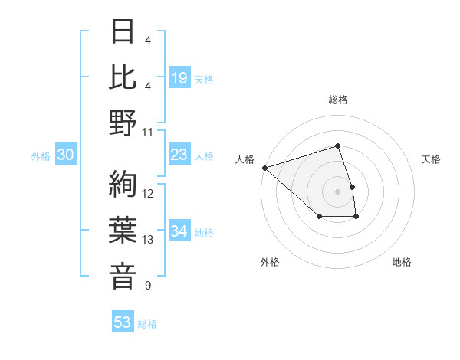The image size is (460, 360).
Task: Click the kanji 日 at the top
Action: pyautogui.click(x=123, y=32)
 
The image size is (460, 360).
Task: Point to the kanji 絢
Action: pyautogui.click(x=123, y=184)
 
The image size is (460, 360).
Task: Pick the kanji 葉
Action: pyautogui.click(x=123, y=231)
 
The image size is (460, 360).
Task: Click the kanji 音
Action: pyautogui.click(x=123, y=277)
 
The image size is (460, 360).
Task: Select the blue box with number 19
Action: pyautogui.click(x=179, y=78)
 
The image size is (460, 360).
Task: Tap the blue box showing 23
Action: pyautogui.click(x=179, y=155)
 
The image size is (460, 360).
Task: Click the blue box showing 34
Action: pyautogui.click(x=179, y=232)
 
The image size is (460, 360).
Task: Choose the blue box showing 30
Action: pyautogui.click(x=65, y=155)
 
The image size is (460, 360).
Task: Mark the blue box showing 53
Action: pyautogui.click(x=122, y=322)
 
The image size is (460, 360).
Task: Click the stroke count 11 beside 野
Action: pyautogui.click(x=148, y=133)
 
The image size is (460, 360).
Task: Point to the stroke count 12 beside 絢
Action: pyautogui.click(x=148, y=194)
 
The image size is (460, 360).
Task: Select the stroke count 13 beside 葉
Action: pyautogui.click(x=148, y=240)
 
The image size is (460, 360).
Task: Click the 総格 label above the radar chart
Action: pyautogui.click(x=337, y=100)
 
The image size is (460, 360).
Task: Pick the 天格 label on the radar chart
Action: pyautogui.click(x=432, y=159)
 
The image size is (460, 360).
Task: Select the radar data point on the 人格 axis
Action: pyautogui.click(x=264, y=167)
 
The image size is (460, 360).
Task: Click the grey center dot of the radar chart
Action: pyautogui.click(x=337, y=191)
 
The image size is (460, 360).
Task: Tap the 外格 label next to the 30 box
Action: pyautogui.click(x=41, y=156)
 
